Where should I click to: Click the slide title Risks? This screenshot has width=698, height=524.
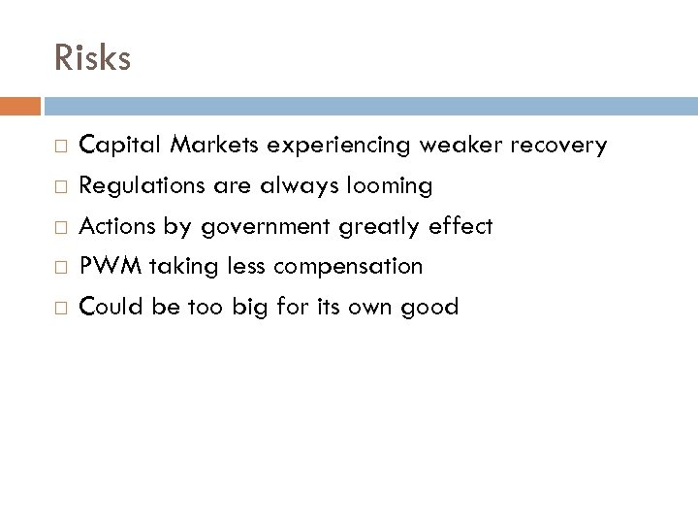point(92,58)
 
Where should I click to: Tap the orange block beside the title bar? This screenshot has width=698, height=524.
point(20,104)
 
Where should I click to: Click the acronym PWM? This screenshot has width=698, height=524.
point(104,267)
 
